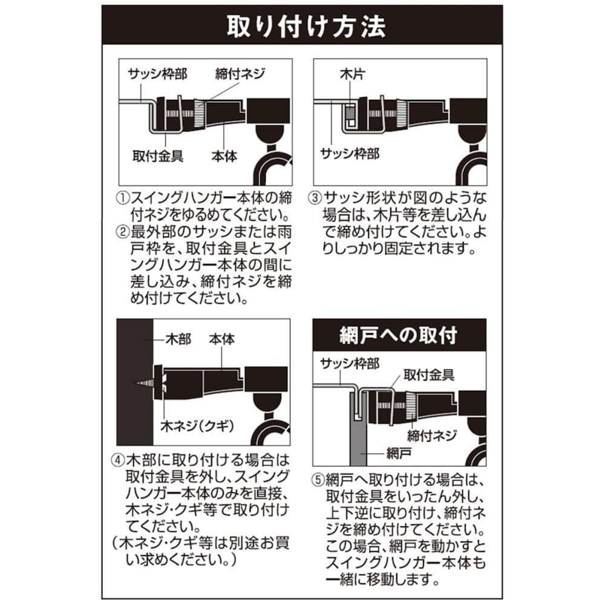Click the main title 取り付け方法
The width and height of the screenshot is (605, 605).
(x=306, y=26)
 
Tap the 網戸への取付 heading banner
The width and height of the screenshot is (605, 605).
(x=399, y=335)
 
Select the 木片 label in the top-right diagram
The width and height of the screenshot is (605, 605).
(x=352, y=73)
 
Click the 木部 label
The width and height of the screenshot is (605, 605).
(x=178, y=339)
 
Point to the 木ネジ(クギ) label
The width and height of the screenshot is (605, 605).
(x=198, y=426)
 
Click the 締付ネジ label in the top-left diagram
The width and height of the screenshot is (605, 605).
(x=240, y=73)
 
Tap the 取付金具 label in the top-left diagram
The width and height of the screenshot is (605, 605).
(x=158, y=156)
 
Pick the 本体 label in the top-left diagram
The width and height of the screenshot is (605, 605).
(x=224, y=156)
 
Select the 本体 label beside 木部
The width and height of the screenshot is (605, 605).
(x=222, y=339)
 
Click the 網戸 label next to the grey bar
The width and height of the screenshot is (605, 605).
(x=399, y=453)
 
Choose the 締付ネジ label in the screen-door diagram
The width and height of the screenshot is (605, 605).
(x=432, y=436)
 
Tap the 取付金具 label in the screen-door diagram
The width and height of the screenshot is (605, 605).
(x=429, y=374)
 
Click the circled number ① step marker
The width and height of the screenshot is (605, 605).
(x=122, y=198)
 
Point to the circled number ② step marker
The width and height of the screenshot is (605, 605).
(x=122, y=232)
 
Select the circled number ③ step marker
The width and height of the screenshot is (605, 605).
(x=315, y=198)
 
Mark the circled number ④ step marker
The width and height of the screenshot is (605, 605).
(x=118, y=460)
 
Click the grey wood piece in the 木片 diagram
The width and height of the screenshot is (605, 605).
(x=350, y=113)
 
